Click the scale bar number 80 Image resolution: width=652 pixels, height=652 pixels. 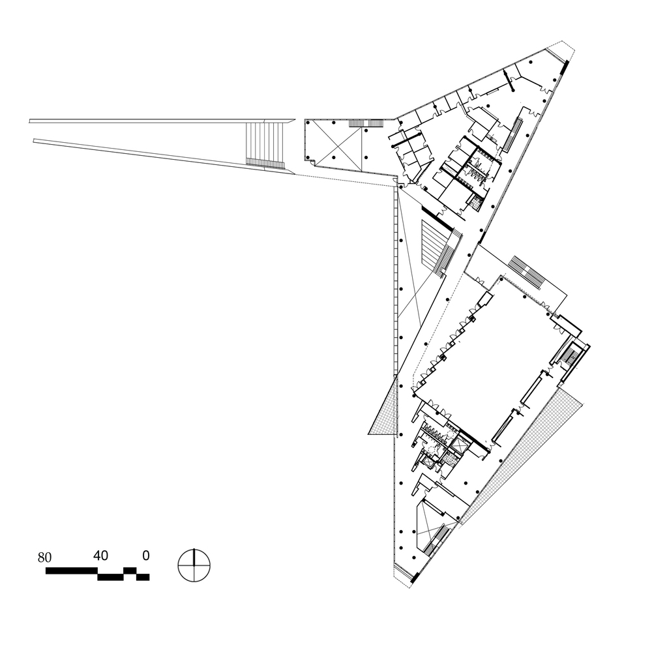[x=44, y=557]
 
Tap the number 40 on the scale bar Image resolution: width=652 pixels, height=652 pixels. [x=100, y=556]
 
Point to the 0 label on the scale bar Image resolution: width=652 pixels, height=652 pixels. [x=145, y=556]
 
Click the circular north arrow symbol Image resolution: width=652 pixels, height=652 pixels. [x=194, y=565]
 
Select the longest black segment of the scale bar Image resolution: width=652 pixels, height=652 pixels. [x=72, y=570]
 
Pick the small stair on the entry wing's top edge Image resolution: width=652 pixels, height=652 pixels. [x=366, y=123]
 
